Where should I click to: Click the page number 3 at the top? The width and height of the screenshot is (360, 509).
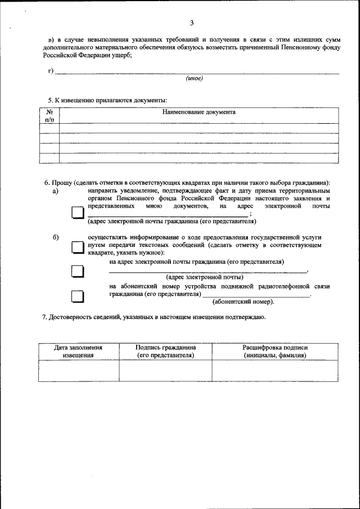click(x=191, y=23)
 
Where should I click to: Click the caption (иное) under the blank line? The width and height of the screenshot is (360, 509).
click(x=194, y=78)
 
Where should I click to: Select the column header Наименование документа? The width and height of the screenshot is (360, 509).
click(x=199, y=112)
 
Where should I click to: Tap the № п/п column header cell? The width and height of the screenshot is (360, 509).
click(x=49, y=115)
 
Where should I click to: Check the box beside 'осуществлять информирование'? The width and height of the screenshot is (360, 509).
click(x=77, y=248)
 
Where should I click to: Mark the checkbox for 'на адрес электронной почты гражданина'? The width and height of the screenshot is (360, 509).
click(x=77, y=271)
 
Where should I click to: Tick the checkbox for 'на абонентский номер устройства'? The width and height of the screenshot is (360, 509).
click(x=77, y=296)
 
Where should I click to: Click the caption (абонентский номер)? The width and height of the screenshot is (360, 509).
click(x=244, y=302)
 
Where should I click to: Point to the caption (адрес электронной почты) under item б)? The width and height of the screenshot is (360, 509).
click(x=204, y=277)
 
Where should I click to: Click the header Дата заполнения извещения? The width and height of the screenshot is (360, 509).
click(x=78, y=352)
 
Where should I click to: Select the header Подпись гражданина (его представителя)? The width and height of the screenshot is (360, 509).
click(x=165, y=352)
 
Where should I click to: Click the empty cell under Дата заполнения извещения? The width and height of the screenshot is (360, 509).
click(x=78, y=371)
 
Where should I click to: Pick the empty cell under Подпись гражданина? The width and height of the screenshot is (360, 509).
click(x=165, y=371)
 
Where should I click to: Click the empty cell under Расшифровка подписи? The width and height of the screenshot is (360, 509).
click(x=274, y=371)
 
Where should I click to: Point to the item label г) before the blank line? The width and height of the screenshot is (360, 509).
click(x=51, y=70)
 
